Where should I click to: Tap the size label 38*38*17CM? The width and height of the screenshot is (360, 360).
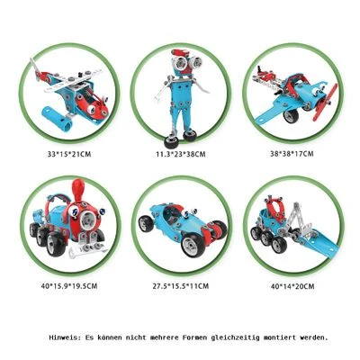(x=290, y=154)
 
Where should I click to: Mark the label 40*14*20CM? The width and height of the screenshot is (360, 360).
(x=290, y=286)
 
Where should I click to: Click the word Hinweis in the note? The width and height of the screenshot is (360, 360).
(x=67, y=337)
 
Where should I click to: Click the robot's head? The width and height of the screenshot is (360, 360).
(x=177, y=64)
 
